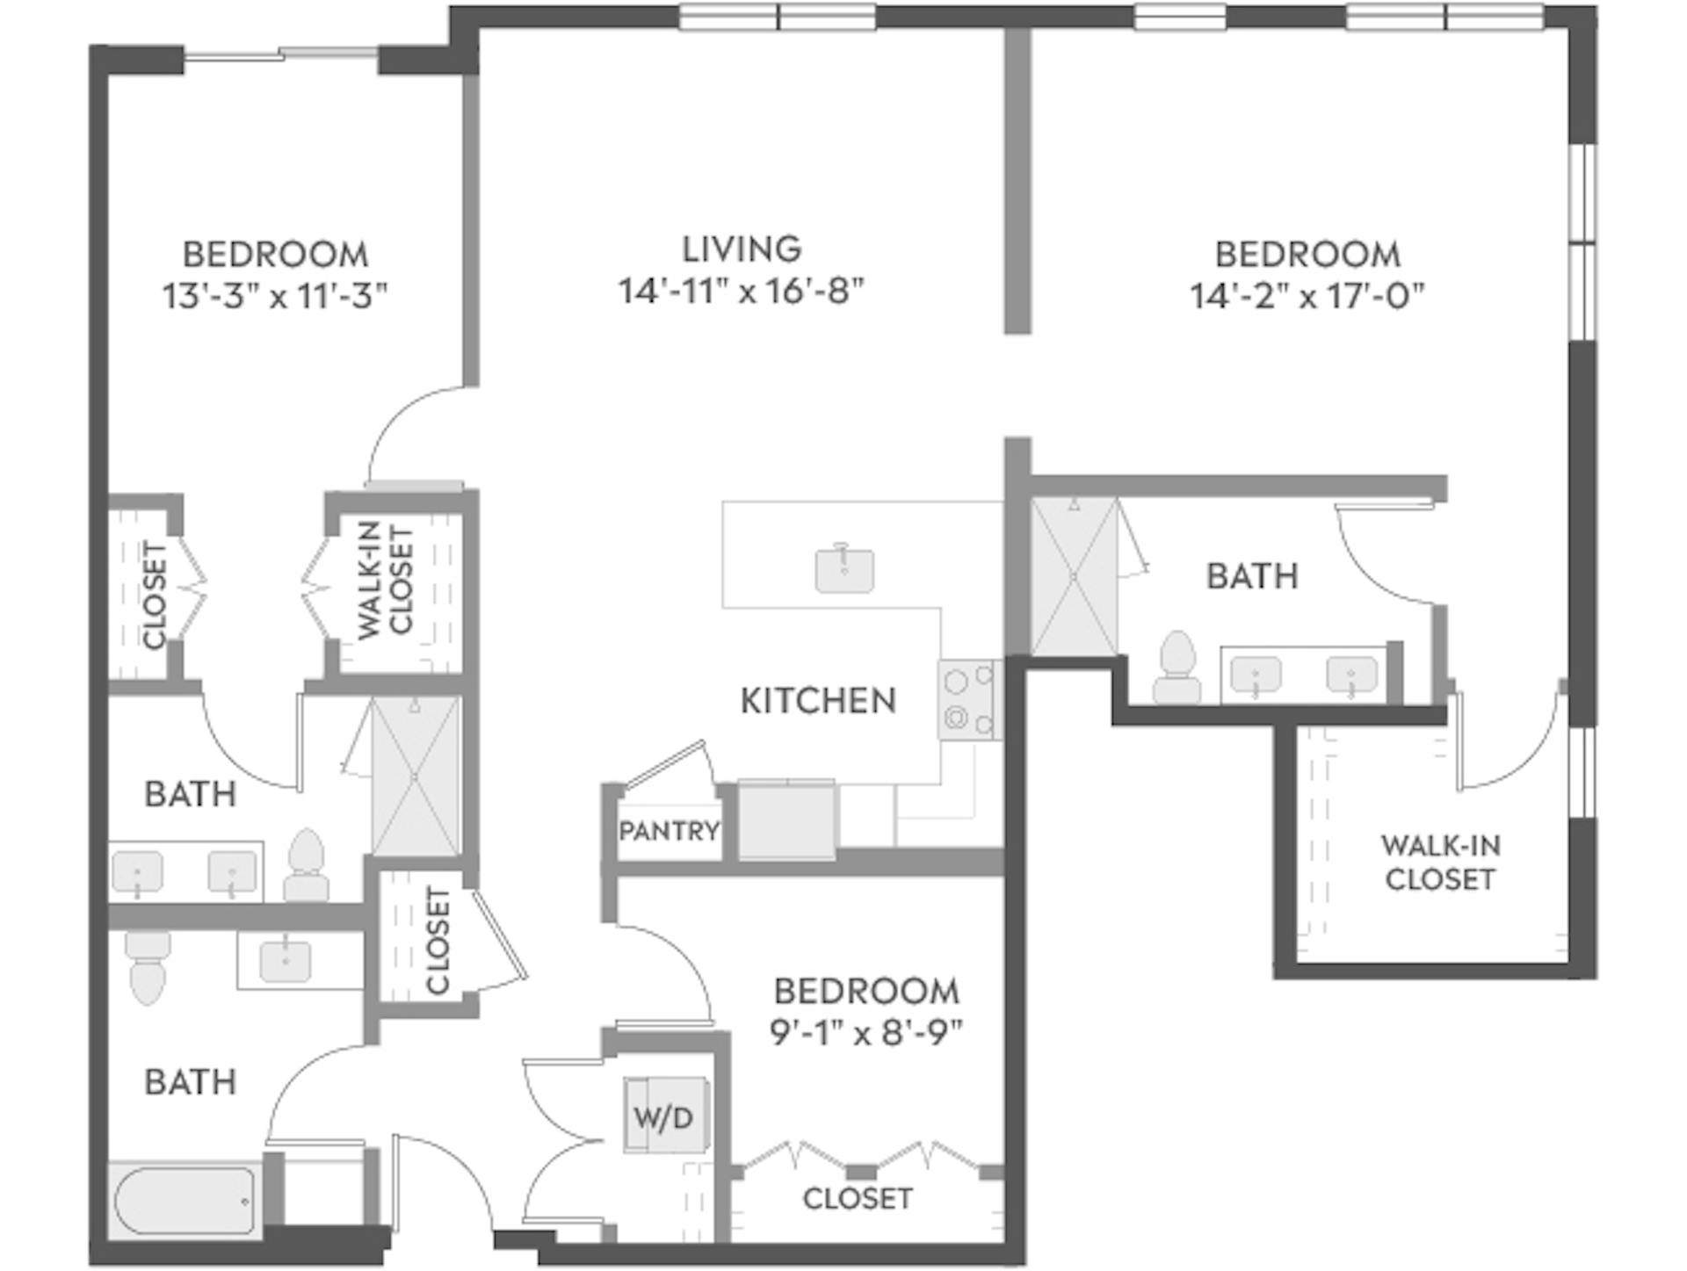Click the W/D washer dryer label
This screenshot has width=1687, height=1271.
[x=663, y=1117]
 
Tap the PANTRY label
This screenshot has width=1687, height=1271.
[x=669, y=830]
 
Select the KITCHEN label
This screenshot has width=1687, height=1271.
[x=818, y=701]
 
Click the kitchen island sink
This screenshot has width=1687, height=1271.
[x=843, y=570]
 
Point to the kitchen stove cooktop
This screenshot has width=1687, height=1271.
[x=968, y=700]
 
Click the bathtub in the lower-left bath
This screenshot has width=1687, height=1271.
[x=185, y=1199]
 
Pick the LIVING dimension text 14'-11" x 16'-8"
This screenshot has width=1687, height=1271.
[x=741, y=291]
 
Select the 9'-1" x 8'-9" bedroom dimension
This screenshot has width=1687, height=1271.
[x=866, y=1033]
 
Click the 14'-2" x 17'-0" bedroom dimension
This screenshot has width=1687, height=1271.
[x=1307, y=296]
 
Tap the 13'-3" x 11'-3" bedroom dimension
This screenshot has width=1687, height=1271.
[x=274, y=296]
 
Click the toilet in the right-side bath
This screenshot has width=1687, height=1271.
[x=1177, y=668]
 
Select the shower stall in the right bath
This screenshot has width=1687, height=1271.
[x=1075, y=576]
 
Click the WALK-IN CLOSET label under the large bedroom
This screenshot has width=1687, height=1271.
[x=1440, y=863]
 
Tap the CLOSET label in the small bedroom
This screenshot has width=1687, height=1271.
[x=857, y=1198]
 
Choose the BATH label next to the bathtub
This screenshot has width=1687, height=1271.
[x=190, y=1082]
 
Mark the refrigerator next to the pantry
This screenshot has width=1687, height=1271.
[x=786, y=819]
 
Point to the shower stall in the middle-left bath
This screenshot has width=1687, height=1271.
[x=415, y=776]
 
